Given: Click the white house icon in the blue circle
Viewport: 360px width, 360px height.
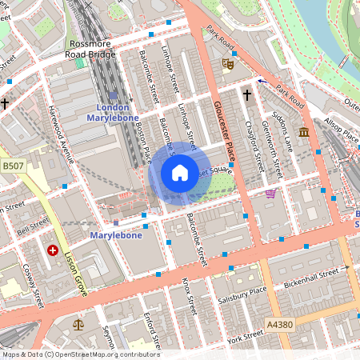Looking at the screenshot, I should (x=180, y=172).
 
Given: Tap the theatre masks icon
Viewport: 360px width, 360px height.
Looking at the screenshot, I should (x=227, y=61).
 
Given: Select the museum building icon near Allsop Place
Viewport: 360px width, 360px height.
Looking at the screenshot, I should (x=304, y=131).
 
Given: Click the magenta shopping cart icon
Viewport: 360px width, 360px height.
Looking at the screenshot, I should (x=270, y=193).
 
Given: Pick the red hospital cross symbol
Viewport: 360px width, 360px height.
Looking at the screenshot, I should (x=53, y=250).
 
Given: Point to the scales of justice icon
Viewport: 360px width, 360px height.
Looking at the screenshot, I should (x=78, y=324).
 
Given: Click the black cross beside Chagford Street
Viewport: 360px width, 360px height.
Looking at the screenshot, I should (x=246, y=96).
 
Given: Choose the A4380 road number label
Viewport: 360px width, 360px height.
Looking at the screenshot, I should (x=277, y=325).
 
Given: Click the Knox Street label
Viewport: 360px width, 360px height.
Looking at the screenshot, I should (x=189, y=296).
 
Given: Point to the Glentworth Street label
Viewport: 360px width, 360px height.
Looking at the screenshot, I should (x=274, y=152).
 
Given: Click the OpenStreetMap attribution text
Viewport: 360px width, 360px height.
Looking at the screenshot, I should (x=80, y=354).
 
